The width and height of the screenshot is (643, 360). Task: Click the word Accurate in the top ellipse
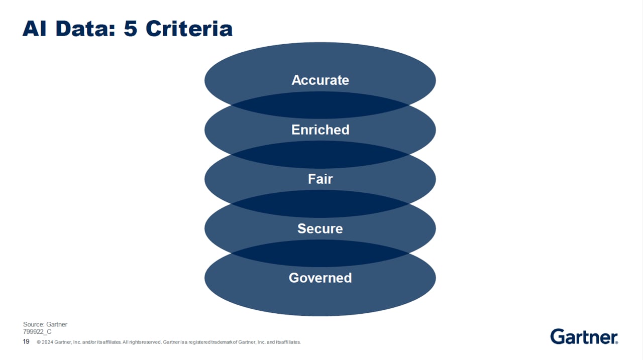[x=320, y=80]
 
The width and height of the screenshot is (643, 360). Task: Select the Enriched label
[x=320, y=130]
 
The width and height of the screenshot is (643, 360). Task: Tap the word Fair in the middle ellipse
[x=320, y=179]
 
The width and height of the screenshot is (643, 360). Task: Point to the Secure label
[x=320, y=228]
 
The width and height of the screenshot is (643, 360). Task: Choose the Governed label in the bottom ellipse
[x=320, y=278]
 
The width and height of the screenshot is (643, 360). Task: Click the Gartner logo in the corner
[x=584, y=336]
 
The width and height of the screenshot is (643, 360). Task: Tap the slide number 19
[x=26, y=342]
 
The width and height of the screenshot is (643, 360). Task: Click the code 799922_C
[x=37, y=332]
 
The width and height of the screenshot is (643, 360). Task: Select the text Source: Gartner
[x=45, y=324]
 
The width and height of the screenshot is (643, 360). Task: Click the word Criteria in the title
[x=189, y=29]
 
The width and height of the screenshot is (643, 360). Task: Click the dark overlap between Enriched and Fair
[x=320, y=154]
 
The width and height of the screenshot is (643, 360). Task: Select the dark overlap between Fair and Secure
[x=320, y=203]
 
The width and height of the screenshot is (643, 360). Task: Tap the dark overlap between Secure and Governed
[x=320, y=253]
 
